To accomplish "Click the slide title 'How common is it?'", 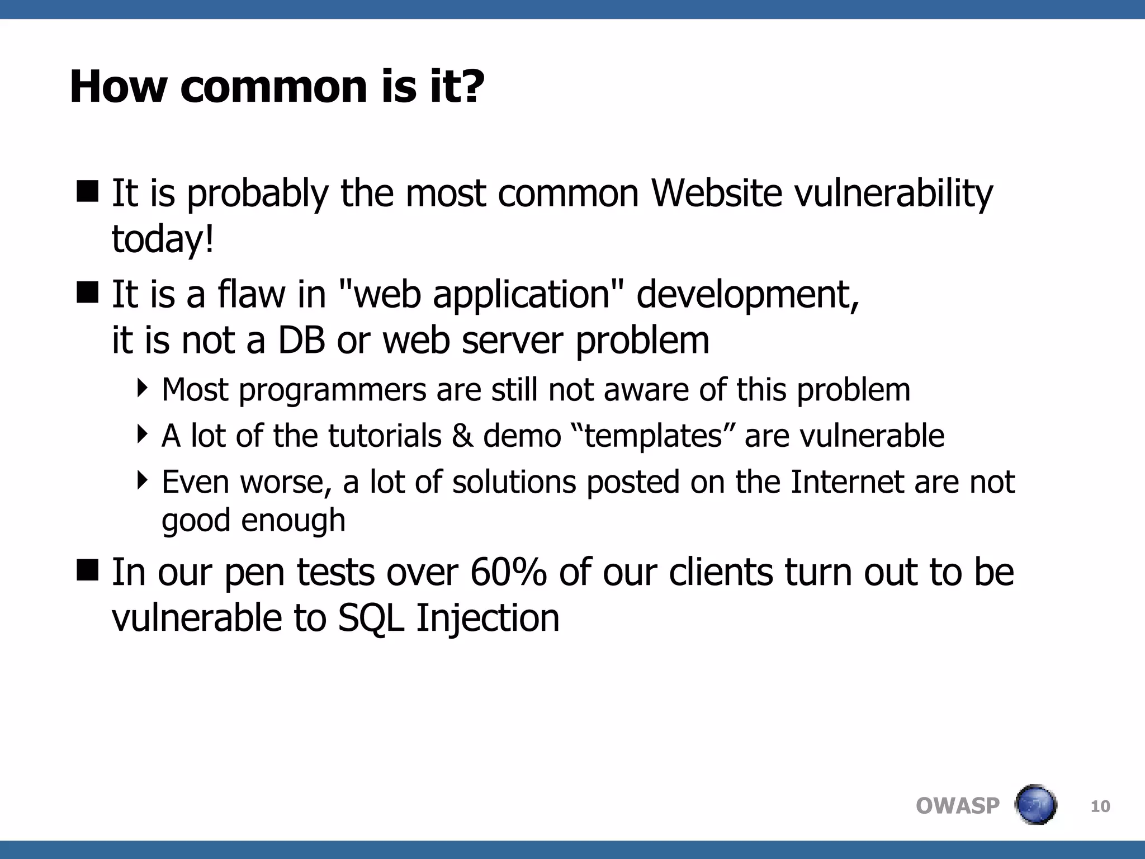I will (x=277, y=87).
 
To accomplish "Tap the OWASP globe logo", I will (x=1035, y=805).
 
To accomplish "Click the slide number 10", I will (x=1100, y=806).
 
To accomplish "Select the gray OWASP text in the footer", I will (x=957, y=806).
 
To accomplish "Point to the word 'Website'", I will (x=716, y=193).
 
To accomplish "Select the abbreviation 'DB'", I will (x=301, y=340).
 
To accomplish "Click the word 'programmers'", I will (x=332, y=390).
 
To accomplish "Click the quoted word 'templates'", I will (x=653, y=436).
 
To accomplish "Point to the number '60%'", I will (x=508, y=573).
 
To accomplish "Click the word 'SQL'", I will (x=371, y=619).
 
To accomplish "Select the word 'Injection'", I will (x=488, y=619).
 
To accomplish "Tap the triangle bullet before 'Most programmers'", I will (x=143, y=387).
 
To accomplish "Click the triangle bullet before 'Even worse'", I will (x=143, y=479).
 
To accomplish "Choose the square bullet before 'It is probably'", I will (x=87, y=191).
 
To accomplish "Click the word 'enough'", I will (x=293, y=521).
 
